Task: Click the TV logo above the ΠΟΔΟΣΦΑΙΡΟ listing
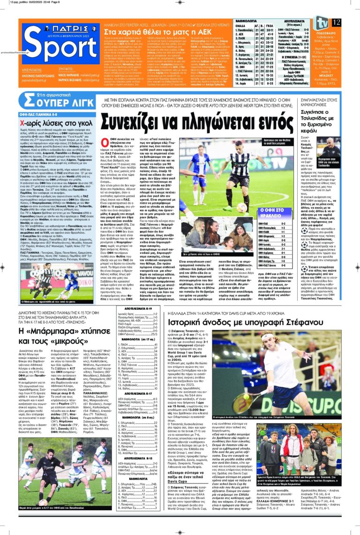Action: pos(322,22)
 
